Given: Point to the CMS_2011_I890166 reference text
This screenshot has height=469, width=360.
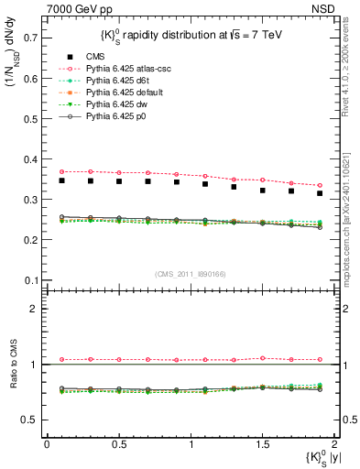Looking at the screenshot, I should (190, 273).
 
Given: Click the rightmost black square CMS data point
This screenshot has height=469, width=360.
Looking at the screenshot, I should (320, 193).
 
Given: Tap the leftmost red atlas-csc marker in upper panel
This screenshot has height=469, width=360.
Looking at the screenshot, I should (61, 171).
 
